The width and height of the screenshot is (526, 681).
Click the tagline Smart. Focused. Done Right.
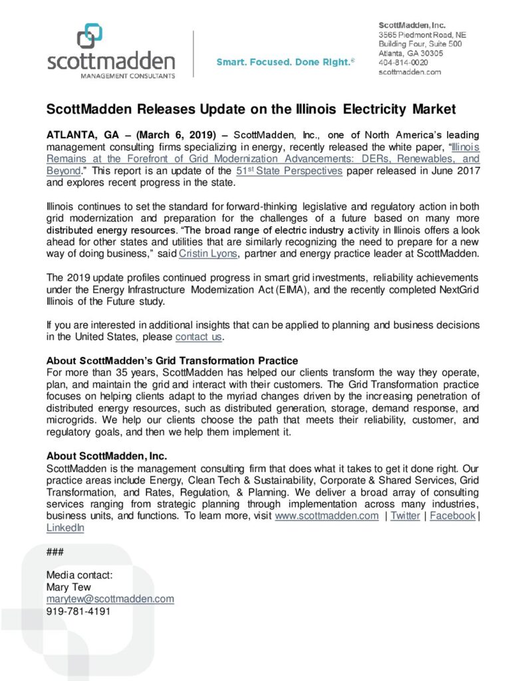(x=285, y=63)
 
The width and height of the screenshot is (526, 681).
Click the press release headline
(x=251, y=108)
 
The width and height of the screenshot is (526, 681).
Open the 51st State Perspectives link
(x=289, y=171)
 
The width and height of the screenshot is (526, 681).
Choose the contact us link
(x=198, y=337)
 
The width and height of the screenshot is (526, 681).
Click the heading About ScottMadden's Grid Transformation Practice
(x=172, y=361)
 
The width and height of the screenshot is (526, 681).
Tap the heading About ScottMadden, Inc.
(x=106, y=456)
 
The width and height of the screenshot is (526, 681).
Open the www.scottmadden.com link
(x=327, y=515)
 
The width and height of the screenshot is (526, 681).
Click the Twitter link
(x=405, y=515)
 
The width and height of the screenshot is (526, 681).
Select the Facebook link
(x=452, y=515)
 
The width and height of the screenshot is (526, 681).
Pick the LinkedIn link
(x=65, y=527)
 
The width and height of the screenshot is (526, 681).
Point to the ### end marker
(x=55, y=552)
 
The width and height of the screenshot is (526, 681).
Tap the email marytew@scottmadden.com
(x=110, y=599)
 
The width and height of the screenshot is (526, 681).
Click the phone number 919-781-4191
(x=78, y=611)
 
